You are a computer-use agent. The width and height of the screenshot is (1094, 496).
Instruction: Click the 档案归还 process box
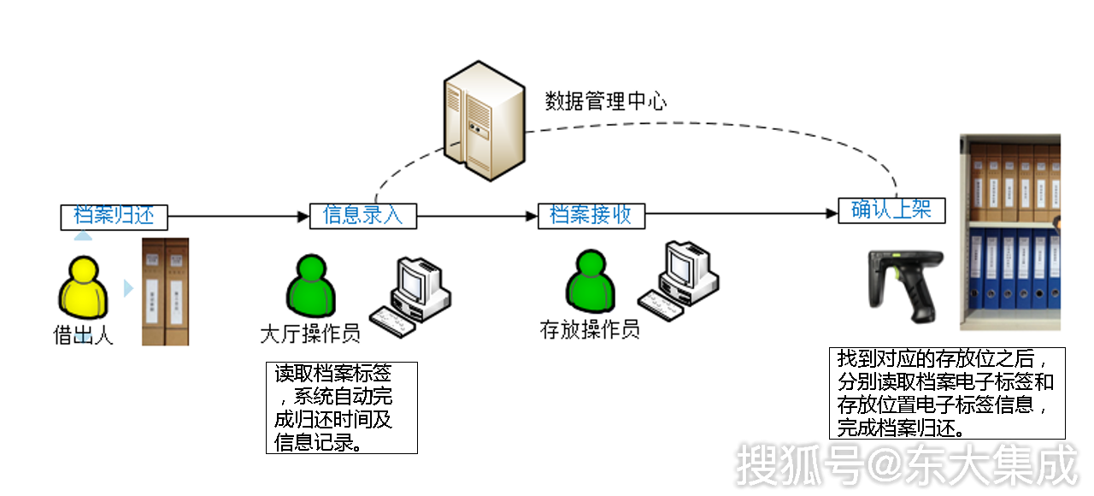(x=114, y=216)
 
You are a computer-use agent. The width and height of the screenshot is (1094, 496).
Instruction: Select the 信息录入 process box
(x=362, y=216)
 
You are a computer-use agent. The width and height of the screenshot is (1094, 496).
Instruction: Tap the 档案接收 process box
(x=591, y=216)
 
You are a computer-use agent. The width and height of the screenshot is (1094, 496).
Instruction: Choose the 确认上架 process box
(x=891, y=210)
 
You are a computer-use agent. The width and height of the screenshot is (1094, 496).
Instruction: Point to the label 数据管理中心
(x=606, y=101)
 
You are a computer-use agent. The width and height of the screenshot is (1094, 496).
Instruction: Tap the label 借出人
(x=83, y=335)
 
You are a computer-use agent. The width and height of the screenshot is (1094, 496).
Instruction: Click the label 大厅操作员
(x=309, y=334)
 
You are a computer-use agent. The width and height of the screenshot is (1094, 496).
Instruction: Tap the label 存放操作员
(x=590, y=330)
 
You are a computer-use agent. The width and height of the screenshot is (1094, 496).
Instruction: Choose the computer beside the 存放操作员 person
(x=679, y=275)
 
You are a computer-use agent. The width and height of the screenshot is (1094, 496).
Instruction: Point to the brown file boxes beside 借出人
(x=165, y=291)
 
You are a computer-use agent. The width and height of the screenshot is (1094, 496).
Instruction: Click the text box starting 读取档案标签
(x=341, y=407)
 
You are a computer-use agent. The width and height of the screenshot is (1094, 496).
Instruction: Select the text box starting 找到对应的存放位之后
(x=947, y=393)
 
